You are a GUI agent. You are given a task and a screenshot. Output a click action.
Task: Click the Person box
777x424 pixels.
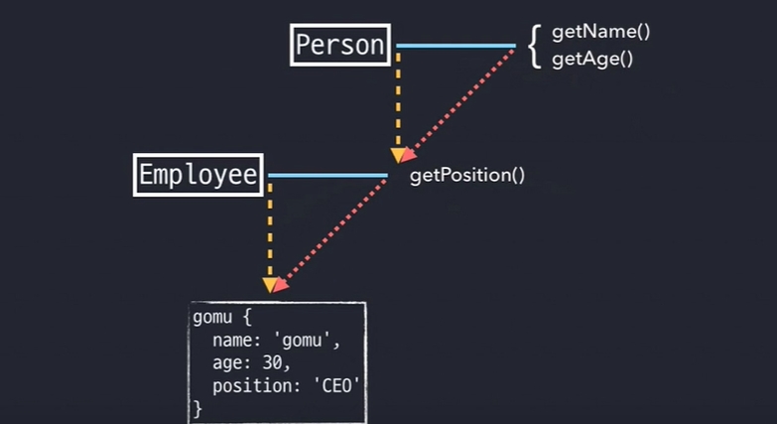coord(340,46)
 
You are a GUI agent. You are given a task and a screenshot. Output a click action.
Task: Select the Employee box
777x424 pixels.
coord(198,176)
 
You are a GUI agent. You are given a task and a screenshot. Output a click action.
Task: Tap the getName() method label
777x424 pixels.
coord(600,33)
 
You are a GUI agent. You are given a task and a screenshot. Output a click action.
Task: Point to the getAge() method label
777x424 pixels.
coord(591,59)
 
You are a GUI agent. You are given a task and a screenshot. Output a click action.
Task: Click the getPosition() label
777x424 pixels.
coord(466,176)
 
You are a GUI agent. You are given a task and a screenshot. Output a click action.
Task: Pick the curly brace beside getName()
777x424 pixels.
coord(534,46)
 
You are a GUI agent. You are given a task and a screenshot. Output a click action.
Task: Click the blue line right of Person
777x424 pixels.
coord(455,46)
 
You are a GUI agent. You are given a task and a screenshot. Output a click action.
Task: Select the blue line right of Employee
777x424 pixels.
coord(327,176)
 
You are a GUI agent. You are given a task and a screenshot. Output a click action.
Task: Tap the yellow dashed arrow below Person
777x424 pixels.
coord(398,99)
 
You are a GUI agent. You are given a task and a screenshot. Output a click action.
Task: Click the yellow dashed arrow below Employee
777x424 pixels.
coord(270,233)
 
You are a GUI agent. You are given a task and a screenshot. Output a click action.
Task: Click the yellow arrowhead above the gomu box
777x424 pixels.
coord(270,285)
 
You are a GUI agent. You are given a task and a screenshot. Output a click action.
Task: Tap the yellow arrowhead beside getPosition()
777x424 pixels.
coord(398,155)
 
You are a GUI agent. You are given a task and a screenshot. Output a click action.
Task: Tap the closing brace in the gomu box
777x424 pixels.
coord(196,406)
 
